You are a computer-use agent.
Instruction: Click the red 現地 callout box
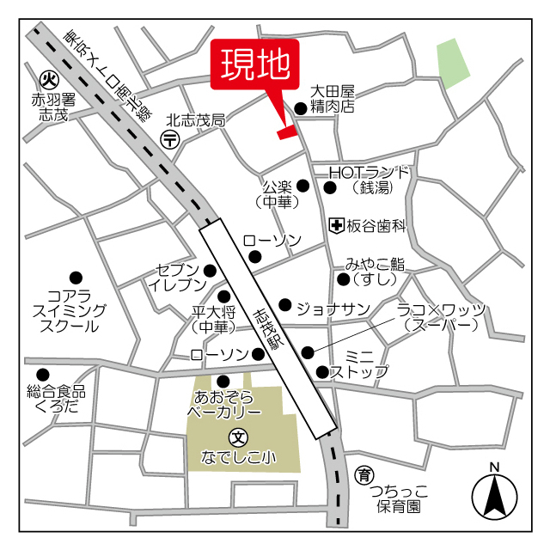(x=254, y=64)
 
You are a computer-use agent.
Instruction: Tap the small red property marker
(x=286, y=131)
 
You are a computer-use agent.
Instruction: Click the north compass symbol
(x=494, y=494)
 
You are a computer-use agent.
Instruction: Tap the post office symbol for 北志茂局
(x=170, y=139)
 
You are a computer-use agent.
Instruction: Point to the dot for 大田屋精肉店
(x=300, y=108)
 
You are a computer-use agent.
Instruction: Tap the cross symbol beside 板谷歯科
(x=337, y=225)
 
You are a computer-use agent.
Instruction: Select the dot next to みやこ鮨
(x=343, y=279)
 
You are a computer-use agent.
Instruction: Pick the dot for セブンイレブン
(x=210, y=272)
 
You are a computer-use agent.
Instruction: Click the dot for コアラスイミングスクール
(x=76, y=277)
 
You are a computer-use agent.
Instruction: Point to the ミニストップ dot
(x=322, y=372)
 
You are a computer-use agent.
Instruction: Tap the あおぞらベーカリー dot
(x=223, y=381)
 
